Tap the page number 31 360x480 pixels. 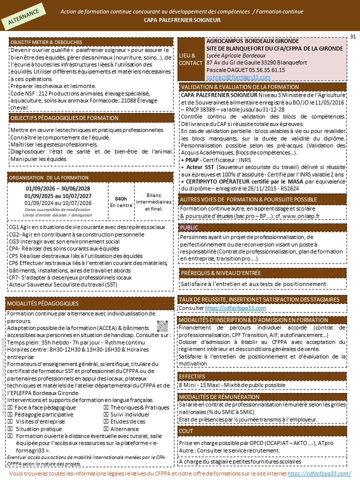(352, 36)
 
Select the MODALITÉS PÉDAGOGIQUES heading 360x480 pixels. (43, 303)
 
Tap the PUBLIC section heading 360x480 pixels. (190, 227)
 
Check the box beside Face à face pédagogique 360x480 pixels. (10, 407)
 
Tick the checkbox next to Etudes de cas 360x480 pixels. (105, 421)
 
